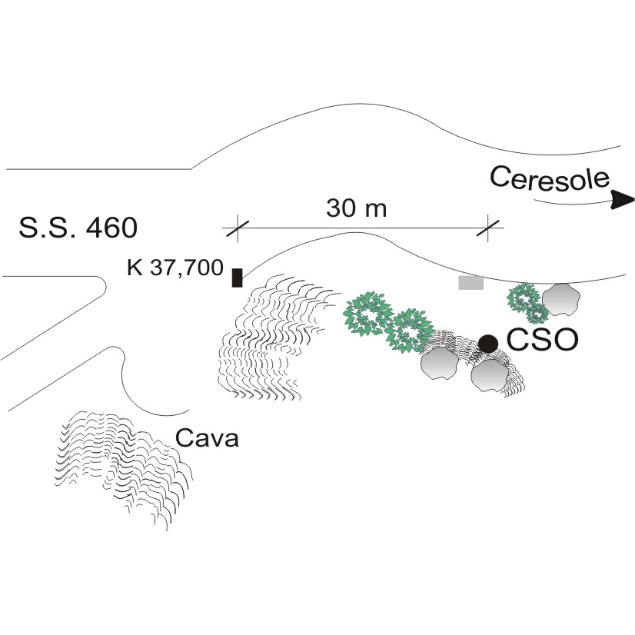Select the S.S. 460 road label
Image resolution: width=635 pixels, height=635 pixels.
pyautogui.click(x=77, y=228)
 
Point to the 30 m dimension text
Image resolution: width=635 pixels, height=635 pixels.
pyautogui.click(x=356, y=208)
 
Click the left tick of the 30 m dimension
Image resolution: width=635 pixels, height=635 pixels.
pyautogui.click(x=237, y=228)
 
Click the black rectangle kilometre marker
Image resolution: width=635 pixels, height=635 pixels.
pyautogui.click(x=237, y=277)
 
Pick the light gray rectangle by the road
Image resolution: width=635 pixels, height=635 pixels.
pyautogui.click(x=470, y=282)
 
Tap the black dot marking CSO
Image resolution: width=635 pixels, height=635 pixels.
pyautogui.click(x=487, y=343)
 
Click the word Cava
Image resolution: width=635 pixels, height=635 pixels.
pyautogui.click(x=208, y=439)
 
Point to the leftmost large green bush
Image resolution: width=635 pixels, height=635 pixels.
pyautogui.click(x=368, y=315)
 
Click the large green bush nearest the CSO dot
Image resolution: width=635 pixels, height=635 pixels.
pyautogui.click(x=407, y=331)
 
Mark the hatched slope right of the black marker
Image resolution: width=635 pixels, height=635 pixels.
pyautogui.click(x=269, y=338)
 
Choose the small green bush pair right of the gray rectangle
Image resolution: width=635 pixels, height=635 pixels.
pyautogui.click(x=529, y=302)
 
